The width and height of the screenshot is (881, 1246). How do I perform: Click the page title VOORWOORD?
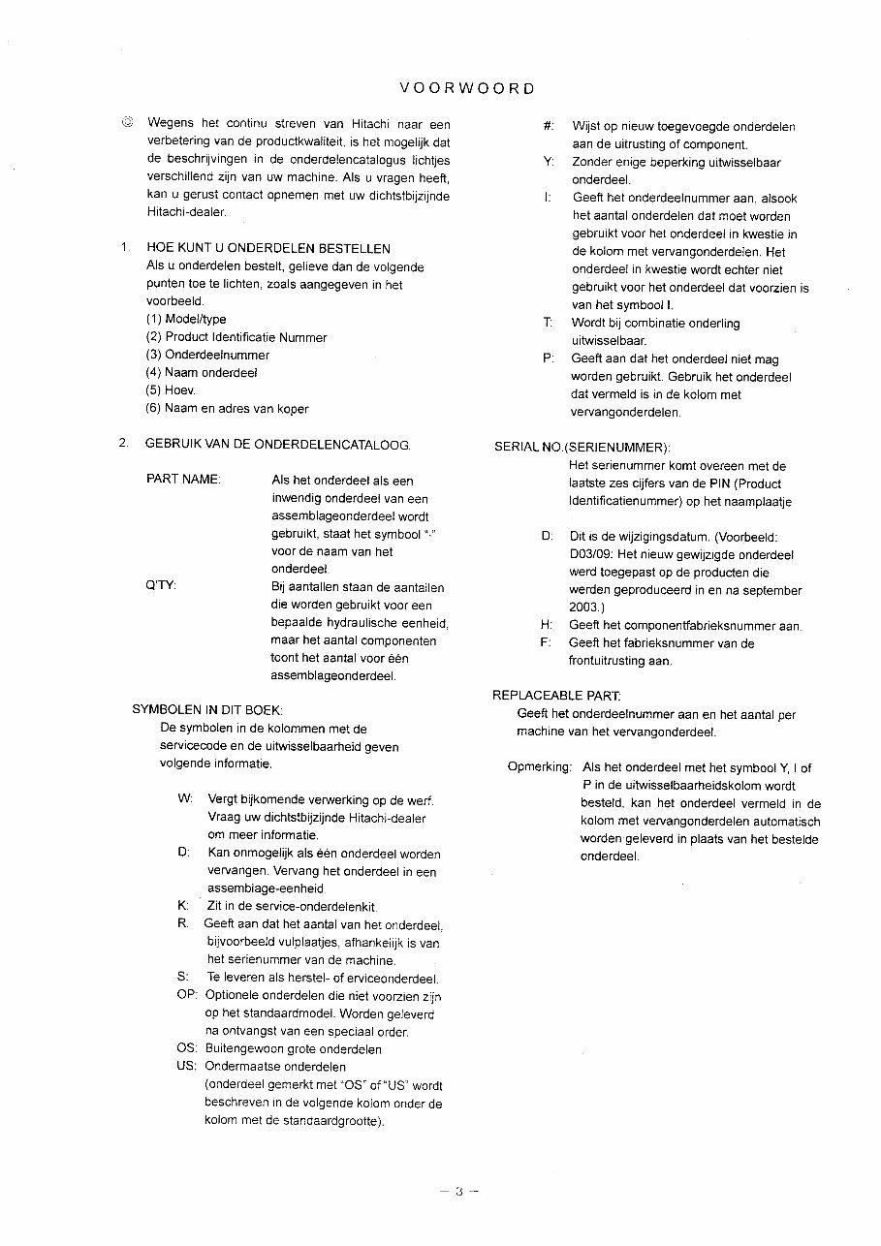[x=466, y=88]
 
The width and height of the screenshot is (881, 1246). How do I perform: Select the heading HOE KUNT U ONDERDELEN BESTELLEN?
[x=268, y=249]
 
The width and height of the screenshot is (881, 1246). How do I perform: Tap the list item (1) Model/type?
[x=186, y=320]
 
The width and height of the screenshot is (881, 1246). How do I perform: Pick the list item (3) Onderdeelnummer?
[x=207, y=356]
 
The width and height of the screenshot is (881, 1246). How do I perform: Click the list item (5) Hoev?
[x=171, y=390]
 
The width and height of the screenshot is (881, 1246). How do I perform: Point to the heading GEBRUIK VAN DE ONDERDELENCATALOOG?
[x=277, y=445]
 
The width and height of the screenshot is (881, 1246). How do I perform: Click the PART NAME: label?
[x=183, y=481]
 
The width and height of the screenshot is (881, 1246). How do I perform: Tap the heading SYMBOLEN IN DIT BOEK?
[x=206, y=710]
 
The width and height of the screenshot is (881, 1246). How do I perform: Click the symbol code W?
[x=185, y=799]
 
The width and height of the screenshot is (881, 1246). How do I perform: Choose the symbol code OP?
[x=187, y=996]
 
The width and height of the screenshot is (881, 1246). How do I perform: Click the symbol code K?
[x=182, y=906]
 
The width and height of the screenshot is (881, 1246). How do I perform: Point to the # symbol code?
[x=549, y=127]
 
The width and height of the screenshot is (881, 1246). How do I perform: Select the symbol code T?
[x=549, y=324]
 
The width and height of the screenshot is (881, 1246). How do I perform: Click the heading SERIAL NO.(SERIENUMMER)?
[x=582, y=448]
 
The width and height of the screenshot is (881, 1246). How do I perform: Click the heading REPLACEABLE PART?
[x=556, y=696]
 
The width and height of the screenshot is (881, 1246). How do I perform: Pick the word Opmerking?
[x=539, y=768]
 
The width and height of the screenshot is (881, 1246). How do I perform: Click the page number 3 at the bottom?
[x=459, y=1193]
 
